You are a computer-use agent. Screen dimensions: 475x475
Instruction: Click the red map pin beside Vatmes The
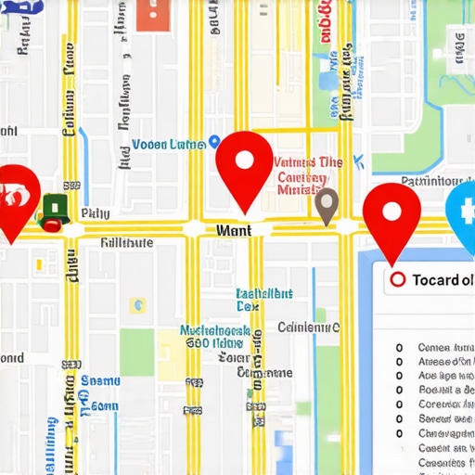tap(244, 161)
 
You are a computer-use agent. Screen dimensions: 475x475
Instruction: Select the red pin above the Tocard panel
tap(392, 213)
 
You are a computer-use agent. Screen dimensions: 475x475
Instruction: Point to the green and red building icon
tap(55, 212)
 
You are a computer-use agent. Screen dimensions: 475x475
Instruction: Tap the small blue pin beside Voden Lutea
tap(214, 142)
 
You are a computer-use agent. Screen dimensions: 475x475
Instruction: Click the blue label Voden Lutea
tap(168, 144)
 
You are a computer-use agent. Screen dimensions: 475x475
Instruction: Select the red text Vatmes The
tap(309, 162)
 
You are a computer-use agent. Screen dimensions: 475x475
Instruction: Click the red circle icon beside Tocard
tap(398, 279)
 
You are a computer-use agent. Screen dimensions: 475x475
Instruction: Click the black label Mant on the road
tap(231, 228)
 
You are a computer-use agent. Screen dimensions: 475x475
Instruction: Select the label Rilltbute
tap(126, 242)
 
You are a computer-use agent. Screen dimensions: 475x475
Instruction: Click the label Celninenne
tap(309, 327)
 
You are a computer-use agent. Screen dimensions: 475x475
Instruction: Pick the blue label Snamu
tap(99, 380)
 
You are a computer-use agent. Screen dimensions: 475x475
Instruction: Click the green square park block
tap(136, 352)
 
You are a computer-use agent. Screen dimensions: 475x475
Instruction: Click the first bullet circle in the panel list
tap(399, 348)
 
